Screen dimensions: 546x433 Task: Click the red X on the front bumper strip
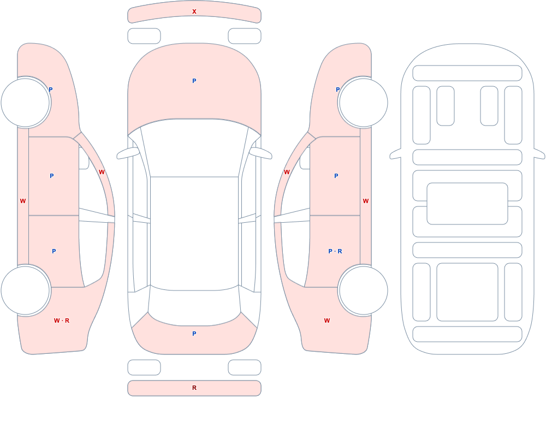(x=194, y=11)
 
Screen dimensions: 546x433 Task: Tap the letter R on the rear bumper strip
(x=194, y=388)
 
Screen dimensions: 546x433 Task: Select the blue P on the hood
(x=194, y=81)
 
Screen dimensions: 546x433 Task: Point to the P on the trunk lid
(x=194, y=334)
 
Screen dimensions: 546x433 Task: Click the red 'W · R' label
(x=62, y=321)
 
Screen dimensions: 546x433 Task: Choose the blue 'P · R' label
(x=335, y=251)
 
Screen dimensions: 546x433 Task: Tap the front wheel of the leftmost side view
(x=26, y=103)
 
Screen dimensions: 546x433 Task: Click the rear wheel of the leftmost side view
(x=26, y=290)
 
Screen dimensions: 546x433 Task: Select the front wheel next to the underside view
(x=363, y=103)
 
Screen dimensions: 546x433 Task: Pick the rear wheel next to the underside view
(x=363, y=290)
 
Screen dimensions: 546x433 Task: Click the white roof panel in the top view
(x=194, y=233)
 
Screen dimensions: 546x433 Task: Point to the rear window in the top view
(x=194, y=306)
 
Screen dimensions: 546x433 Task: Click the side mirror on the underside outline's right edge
(x=539, y=153)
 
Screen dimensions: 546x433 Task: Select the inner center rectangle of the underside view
(x=467, y=204)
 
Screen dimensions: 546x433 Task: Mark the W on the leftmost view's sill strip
(x=22, y=201)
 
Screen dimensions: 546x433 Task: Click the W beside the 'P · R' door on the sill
(x=366, y=201)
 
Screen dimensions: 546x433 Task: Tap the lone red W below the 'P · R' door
(x=327, y=321)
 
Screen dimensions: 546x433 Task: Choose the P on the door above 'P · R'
(x=336, y=176)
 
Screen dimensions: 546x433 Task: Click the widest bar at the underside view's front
(x=467, y=73)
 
